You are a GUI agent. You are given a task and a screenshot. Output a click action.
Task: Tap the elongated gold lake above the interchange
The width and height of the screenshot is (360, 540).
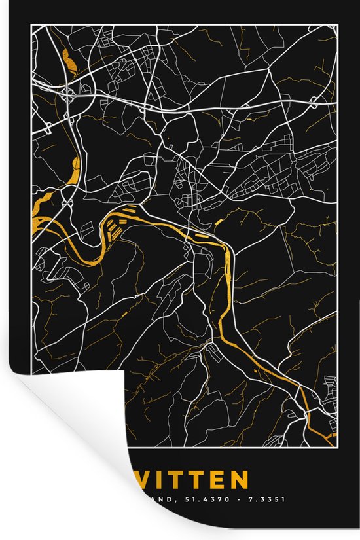click(67, 60)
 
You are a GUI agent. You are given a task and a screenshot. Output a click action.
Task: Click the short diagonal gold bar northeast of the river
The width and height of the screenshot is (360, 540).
click(217, 224)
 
